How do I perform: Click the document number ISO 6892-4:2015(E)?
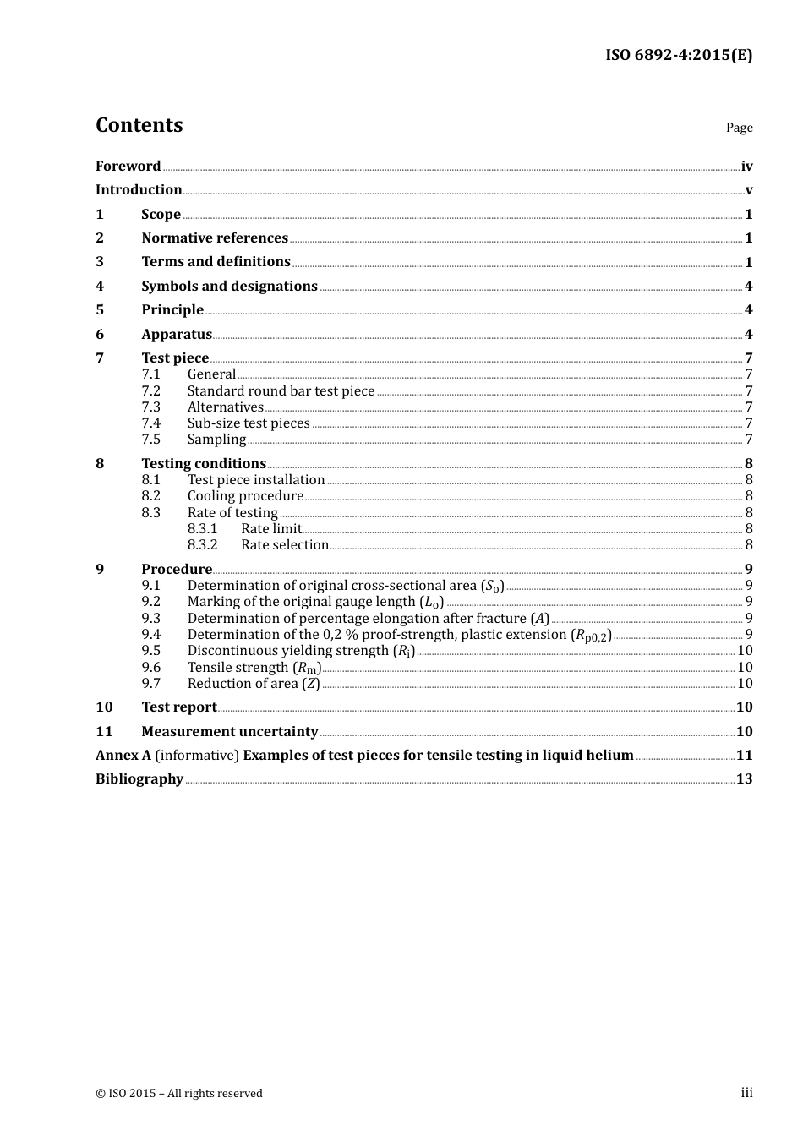[678, 56]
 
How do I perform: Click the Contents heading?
[139, 125]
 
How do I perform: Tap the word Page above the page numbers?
[739, 128]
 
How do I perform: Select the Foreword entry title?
[128, 167]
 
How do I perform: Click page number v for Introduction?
[748, 190]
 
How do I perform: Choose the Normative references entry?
[215, 238]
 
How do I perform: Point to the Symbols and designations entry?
[229, 287]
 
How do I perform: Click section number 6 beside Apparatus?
[100, 335]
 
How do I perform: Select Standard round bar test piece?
[281, 391]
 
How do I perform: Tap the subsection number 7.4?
[150, 423]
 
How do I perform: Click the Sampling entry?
[216, 440]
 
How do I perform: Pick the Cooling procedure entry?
[245, 496]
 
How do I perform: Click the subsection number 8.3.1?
[202, 529]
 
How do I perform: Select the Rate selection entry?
[284, 545]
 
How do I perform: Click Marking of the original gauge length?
[314, 602]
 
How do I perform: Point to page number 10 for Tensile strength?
[745, 668]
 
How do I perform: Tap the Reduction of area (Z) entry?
[254, 684]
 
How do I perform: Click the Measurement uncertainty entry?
[229, 732]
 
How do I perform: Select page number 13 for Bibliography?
[744, 779]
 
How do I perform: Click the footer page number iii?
[746, 1093]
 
